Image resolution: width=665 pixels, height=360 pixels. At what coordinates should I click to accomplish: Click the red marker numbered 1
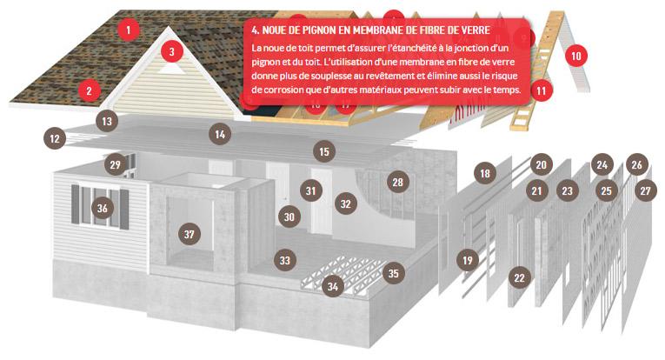[x=128, y=30]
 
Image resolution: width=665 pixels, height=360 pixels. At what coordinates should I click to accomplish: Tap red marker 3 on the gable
[x=172, y=51]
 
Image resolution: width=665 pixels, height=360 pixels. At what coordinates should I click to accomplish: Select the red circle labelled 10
[x=576, y=56]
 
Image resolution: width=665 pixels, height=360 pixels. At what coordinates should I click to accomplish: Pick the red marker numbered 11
[x=541, y=90]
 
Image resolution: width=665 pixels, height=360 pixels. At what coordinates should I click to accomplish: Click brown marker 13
[x=107, y=121]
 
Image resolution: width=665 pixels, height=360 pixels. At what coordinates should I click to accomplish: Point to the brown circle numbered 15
[x=324, y=151]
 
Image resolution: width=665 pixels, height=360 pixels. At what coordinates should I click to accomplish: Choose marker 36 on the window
[x=103, y=208]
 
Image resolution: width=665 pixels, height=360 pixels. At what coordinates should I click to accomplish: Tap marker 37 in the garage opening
[x=190, y=234]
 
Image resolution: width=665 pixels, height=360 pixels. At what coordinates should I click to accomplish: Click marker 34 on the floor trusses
[x=332, y=286]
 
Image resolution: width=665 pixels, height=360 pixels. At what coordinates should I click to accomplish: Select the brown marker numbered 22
[x=519, y=277]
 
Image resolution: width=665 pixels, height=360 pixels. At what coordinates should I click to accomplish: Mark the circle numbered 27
[x=646, y=190]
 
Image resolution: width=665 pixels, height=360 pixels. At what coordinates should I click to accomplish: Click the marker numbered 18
[x=485, y=173]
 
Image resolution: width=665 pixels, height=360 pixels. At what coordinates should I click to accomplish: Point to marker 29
[x=116, y=164]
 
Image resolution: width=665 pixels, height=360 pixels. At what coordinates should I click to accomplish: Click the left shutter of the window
[x=76, y=204]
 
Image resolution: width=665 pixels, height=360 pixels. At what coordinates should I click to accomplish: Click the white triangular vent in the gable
[x=172, y=68]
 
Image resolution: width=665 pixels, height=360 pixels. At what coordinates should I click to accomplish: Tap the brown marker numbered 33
[x=285, y=260]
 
